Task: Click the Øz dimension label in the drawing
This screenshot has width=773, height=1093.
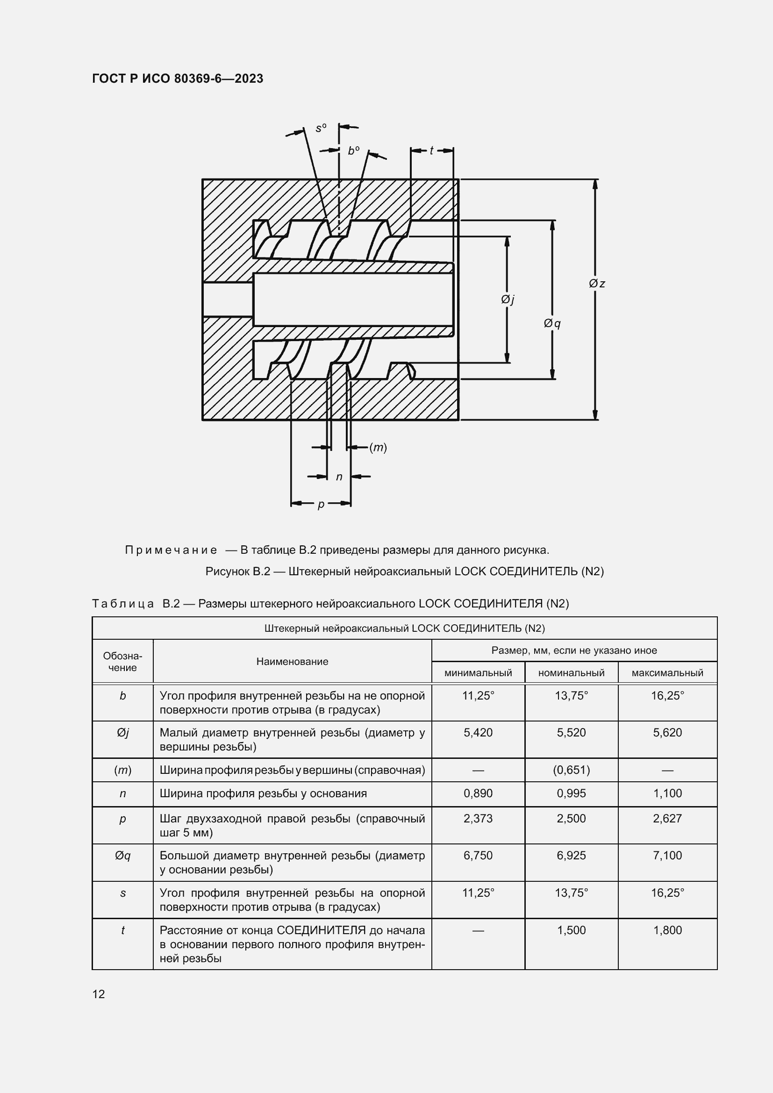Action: coord(597,284)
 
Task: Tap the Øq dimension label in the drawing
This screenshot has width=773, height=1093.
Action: coord(552,324)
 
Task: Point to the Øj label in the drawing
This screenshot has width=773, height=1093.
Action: coord(508,300)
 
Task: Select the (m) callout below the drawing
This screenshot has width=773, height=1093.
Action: coord(379,448)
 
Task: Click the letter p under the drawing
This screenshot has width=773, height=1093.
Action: coord(321,504)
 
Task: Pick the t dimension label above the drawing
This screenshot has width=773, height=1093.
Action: coord(431,150)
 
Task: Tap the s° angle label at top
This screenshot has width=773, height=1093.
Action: coord(321,128)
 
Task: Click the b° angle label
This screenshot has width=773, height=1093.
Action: coord(353,151)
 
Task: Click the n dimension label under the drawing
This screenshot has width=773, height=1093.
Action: coord(339,477)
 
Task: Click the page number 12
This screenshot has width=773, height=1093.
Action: coord(99,994)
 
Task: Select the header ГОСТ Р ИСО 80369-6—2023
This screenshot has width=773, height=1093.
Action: coord(178,79)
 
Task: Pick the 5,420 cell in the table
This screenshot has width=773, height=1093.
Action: coord(478,733)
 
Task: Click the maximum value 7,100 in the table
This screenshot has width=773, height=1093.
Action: coord(667,856)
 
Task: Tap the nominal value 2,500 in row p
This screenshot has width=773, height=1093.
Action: coord(571,818)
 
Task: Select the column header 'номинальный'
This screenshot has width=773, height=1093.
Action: coord(571,672)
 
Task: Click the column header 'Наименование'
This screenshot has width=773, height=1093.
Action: coord(292,661)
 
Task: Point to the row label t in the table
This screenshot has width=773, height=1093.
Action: coord(123,930)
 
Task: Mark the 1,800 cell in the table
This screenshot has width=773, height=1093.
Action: coord(667,930)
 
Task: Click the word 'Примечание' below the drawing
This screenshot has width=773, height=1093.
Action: coord(171,550)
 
